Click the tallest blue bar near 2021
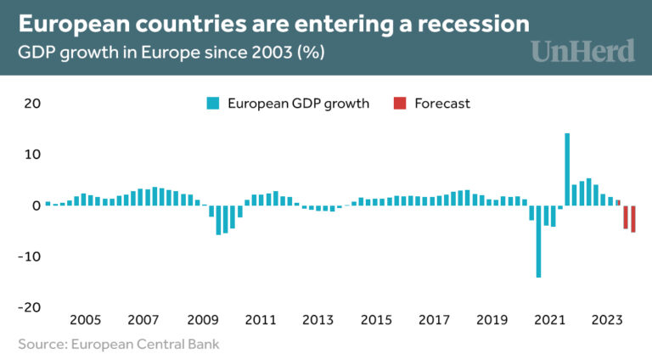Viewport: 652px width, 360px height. [567, 169]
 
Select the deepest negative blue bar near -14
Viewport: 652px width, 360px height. [538, 241]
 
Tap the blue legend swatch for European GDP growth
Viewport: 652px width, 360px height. [212, 104]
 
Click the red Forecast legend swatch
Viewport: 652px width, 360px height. [399, 104]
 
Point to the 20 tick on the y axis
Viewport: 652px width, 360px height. [32, 104]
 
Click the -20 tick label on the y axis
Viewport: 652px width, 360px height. [30, 307]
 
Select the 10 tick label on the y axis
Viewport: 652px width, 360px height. [32, 155]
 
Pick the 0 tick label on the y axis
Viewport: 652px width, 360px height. [37, 205]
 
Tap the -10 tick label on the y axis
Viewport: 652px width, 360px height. [30, 256]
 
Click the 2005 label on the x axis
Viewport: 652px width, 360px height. [85, 321]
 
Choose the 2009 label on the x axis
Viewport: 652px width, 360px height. [202, 321]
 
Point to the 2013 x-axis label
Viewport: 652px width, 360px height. [318, 321]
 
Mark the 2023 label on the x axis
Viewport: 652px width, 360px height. [609, 321]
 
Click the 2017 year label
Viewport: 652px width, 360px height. [435, 321]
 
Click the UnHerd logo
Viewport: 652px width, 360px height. [582, 51]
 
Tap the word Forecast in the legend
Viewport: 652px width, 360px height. [442, 104]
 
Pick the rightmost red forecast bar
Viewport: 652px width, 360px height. [633, 219]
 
